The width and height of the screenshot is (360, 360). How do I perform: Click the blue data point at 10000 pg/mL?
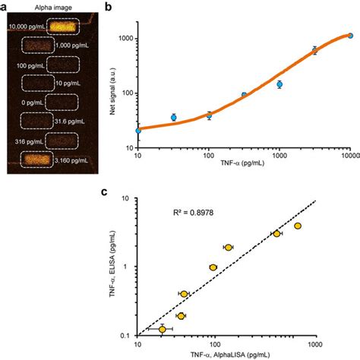pyautogui.click(x=350, y=35)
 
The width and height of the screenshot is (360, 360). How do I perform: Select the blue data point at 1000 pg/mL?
pyautogui.click(x=279, y=84)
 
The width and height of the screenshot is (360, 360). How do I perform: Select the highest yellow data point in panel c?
pyautogui.click(x=298, y=226)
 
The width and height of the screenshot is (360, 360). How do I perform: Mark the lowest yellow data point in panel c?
pyautogui.click(x=162, y=329)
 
